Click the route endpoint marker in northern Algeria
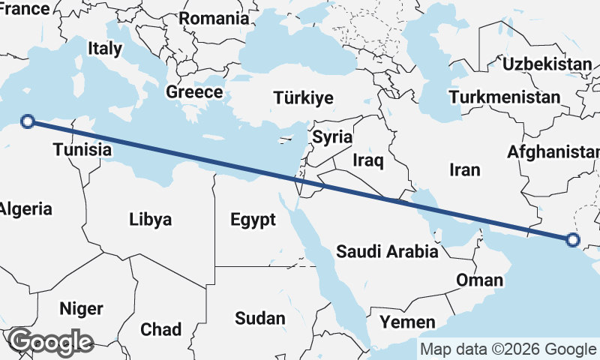pos(28,121)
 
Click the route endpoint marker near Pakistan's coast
pos(573,240)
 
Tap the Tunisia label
pos(82,150)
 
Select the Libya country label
pos(150,220)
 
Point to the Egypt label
pos(253,220)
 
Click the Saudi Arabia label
pos(387,251)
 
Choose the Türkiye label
pos(303,98)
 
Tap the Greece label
pos(194,92)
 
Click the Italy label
pos(104,49)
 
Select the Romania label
pos(214,18)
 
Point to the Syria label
pos(332,137)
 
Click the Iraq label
pos(368,160)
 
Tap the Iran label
pos(464,170)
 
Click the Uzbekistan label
pos(547,64)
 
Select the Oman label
pos(479,280)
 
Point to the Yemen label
pos(407,322)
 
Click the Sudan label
pos(259,318)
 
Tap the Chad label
pos(160,329)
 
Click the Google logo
pos(49,343)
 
